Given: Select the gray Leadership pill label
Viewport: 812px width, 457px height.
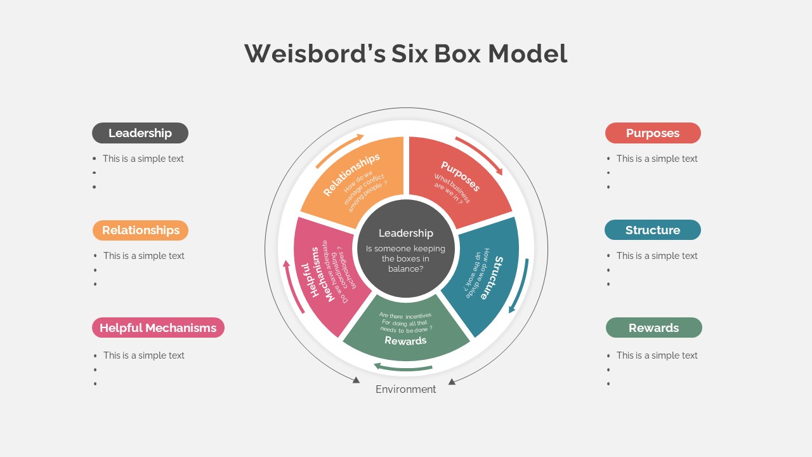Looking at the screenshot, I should point(140,133).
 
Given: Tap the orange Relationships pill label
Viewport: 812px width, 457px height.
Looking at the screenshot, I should point(140,230).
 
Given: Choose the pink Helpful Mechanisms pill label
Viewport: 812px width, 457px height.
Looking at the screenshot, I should point(158,328).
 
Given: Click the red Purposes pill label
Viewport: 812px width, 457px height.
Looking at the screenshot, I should point(653,133).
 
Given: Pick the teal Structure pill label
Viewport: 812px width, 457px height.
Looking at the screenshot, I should point(652,230).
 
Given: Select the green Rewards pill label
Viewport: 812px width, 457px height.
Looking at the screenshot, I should point(653,328).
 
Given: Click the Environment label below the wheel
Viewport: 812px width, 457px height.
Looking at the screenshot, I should point(406,389).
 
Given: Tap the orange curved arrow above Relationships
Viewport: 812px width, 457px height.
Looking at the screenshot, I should point(340,149).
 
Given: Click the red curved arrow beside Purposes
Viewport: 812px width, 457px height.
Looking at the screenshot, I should point(480,154).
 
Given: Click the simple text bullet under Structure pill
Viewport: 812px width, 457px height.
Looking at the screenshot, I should point(657,256).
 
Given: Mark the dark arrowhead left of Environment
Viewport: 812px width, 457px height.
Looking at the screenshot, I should point(357,380).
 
